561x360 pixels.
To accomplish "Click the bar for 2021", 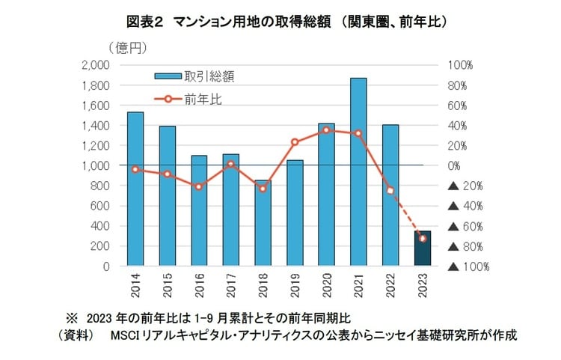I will pos(359,171).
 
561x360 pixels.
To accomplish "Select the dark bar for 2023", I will pos(423,248).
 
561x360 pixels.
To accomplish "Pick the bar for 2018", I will pos(263,223).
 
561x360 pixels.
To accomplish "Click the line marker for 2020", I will pos(327,130).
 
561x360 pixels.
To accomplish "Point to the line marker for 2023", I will pos(423,238).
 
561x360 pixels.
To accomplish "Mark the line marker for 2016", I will pos(199,186).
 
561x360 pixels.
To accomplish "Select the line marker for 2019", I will pos(295,142).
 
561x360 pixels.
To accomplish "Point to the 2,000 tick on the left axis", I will pos(94,65).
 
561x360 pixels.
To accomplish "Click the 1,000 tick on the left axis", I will pos(94,166).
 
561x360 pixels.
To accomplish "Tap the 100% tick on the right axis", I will pos(461,65).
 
